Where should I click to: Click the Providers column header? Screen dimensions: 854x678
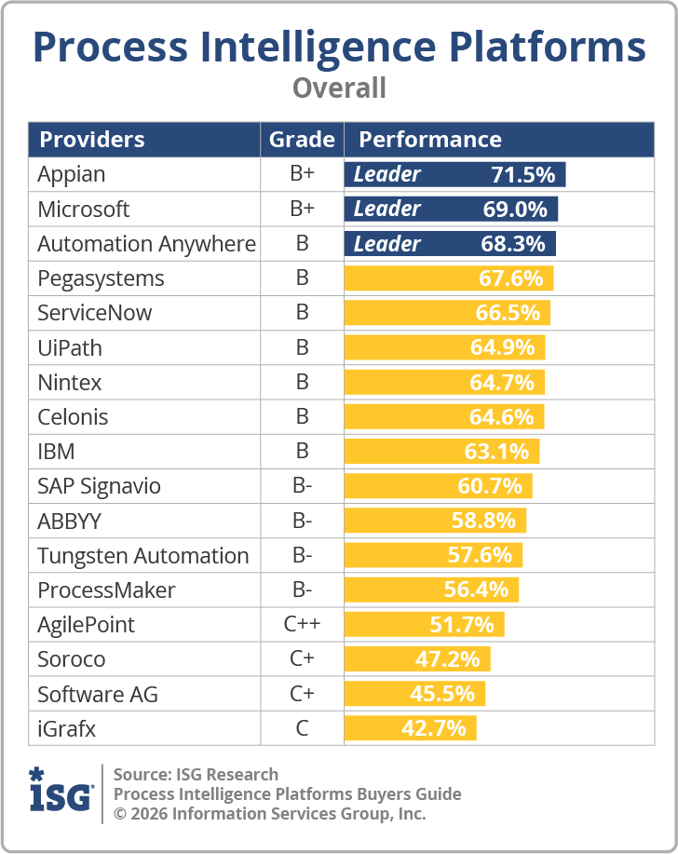click(91, 140)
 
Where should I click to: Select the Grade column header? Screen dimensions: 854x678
click(302, 140)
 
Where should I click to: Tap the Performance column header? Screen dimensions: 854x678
click(430, 140)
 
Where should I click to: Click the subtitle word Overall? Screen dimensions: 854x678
click(339, 88)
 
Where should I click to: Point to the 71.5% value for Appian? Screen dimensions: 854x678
click(522, 174)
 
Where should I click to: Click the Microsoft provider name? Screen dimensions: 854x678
click(84, 210)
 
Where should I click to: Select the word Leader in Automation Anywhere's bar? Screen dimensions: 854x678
click(387, 244)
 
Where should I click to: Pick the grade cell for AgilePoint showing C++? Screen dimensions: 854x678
click(302, 624)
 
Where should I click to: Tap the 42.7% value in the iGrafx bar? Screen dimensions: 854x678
click(433, 727)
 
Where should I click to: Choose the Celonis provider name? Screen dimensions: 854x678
click(73, 416)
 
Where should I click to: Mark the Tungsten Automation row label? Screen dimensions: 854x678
click(143, 556)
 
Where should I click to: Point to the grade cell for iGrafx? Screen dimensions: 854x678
click(302, 727)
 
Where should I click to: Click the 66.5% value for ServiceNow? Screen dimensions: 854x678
click(508, 313)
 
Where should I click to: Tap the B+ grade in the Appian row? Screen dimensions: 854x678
click(302, 174)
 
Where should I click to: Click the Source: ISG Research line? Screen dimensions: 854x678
click(196, 774)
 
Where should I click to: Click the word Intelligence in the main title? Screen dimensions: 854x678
click(339, 47)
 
